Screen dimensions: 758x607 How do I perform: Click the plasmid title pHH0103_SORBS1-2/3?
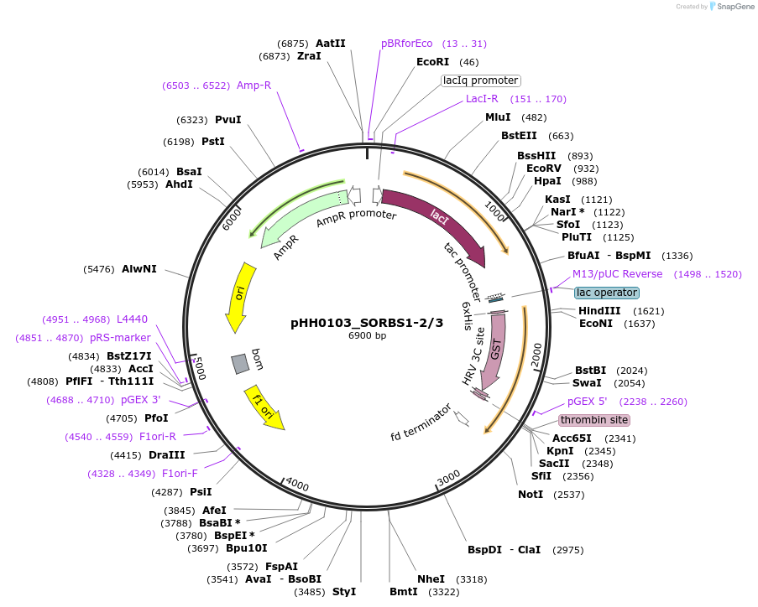pyautogui.click(x=367, y=322)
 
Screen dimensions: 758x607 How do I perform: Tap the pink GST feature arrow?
pyautogui.click(x=495, y=348)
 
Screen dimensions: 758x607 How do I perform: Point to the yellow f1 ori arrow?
pyautogui.click(x=265, y=408)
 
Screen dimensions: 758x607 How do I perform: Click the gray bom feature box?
pyautogui.click(x=240, y=363)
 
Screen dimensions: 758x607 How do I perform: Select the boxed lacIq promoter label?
pyautogui.click(x=481, y=80)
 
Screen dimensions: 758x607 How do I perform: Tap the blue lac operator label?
pyautogui.click(x=607, y=293)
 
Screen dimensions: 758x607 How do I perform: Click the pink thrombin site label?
pyautogui.click(x=594, y=420)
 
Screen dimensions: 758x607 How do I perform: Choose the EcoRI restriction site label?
pyautogui.click(x=432, y=62)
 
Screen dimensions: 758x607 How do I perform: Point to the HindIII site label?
pyautogui.click(x=599, y=310)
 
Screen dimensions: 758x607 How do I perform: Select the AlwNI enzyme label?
pyautogui.click(x=139, y=269)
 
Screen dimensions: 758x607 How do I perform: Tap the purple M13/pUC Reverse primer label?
pyautogui.click(x=617, y=274)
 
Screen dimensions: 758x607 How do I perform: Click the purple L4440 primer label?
pyautogui.click(x=132, y=319)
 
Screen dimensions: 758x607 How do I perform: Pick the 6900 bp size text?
pyautogui.click(x=368, y=336)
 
